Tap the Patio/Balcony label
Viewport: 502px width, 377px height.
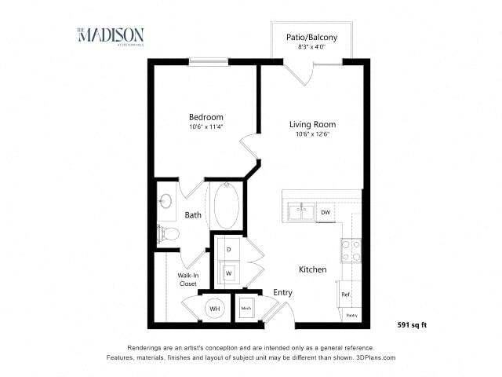pos(307,36)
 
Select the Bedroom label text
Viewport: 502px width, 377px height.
pos(206,117)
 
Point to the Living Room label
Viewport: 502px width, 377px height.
pos(312,124)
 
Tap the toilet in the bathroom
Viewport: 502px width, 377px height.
pos(167,233)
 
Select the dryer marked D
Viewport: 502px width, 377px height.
pos(228,249)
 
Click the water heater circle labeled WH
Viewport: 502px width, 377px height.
pos(213,309)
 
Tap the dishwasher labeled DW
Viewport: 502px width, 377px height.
pos(325,212)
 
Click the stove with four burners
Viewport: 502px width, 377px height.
pos(351,251)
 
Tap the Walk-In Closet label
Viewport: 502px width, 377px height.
pos(187,280)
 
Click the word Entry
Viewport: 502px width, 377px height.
pos(282,292)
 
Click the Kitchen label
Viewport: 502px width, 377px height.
pos(312,269)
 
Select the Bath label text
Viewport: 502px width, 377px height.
pos(193,214)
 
